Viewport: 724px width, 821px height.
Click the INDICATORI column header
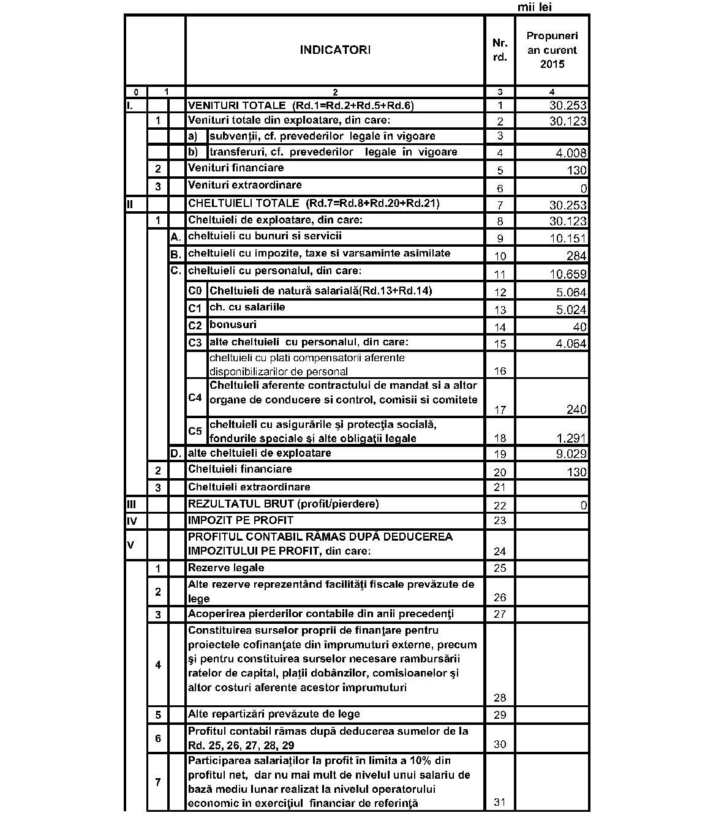pyautogui.click(x=334, y=50)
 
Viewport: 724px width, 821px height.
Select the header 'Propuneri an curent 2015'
pyautogui.click(x=552, y=50)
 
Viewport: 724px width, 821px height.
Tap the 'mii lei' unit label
pyautogui.click(x=535, y=7)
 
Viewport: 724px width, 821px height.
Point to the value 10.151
pyautogui.click(x=568, y=239)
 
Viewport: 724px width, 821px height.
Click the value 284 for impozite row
pyautogui.click(x=576, y=256)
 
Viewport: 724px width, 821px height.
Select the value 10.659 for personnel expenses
pyautogui.click(x=568, y=274)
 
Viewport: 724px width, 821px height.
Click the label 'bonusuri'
pyautogui.click(x=233, y=324)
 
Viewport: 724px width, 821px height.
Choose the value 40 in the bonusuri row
pyautogui.click(x=579, y=327)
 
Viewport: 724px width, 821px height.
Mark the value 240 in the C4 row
pyautogui.click(x=576, y=410)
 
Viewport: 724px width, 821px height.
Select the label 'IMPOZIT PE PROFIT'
pyautogui.click(x=241, y=520)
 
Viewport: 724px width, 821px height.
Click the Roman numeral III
pyautogui.click(x=130, y=504)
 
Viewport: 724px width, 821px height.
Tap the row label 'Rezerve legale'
pyautogui.click(x=226, y=568)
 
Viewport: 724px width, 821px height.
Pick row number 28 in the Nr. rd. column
pyautogui.click(x=500, y=697)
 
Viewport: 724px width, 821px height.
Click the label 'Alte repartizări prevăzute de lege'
pyautogui.click(x=274, y=714)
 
